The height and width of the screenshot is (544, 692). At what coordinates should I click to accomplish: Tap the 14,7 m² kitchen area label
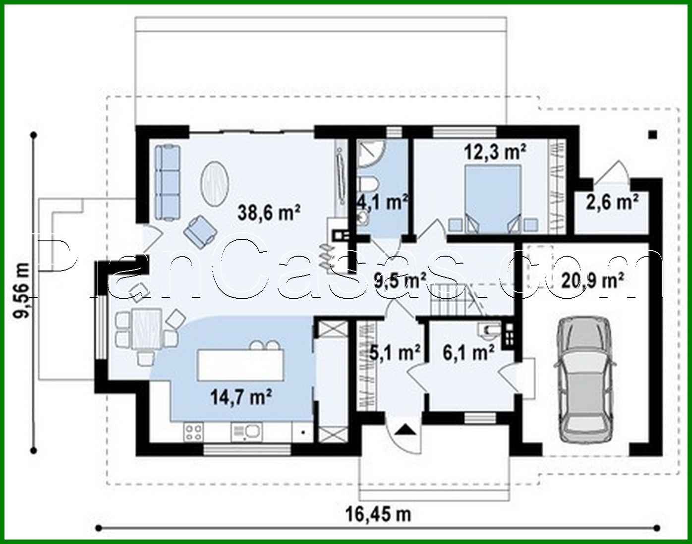click(x=241, y=397)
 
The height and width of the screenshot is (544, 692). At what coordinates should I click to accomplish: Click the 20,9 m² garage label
click(x=592, y=281)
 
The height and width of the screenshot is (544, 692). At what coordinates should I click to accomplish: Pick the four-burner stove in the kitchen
click(x=193, y=433)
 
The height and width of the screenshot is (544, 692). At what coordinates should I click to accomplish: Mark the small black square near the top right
click(x=653, y=134)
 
